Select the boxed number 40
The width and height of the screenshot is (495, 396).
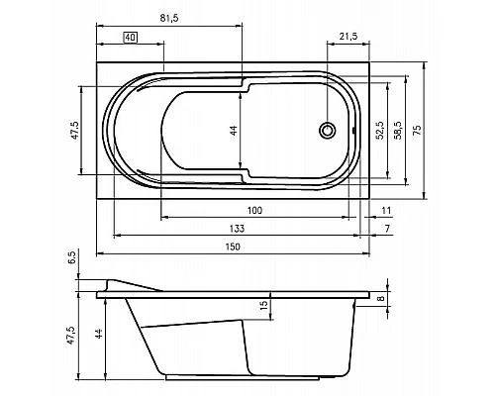pyautogui.click(x=130, y=37)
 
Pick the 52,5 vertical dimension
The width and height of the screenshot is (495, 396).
pyautogui.click(x=378, y=130)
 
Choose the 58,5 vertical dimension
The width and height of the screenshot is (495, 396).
pyautogui.click(x=397, y=130)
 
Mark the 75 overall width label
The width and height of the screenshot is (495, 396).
pyautogui.click(x=417, y=130)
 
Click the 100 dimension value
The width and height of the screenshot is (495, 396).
pyautogui.click(x=254, y=210)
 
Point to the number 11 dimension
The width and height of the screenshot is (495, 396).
pyautogui.click(x=387, y=210)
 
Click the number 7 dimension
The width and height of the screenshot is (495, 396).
pyautogui.click(x=386, y=229)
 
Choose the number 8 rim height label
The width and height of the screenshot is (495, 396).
pyautogui.click(x=381, y=297)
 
